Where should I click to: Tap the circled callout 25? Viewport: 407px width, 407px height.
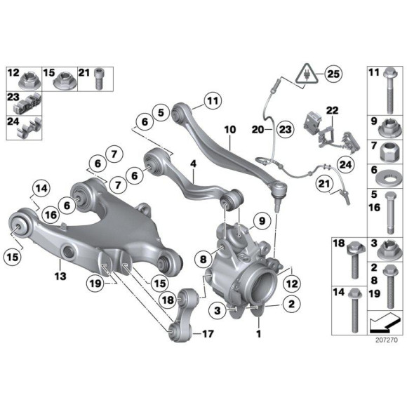pyautogui.click(x=332, y=73)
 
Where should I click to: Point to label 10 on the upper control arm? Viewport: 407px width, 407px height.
pyautogui.click(x=230, y=130)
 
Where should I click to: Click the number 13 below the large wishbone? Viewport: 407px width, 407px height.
pyautogui.click(x=60, y=276)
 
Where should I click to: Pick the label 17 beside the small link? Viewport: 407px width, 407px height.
pyautogui.click(x=206, y=333)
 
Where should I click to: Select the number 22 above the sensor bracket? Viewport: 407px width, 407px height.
pyautogui.click(x=332, y=110)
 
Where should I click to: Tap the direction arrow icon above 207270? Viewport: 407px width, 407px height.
pyautogui.click(x=382, y=322)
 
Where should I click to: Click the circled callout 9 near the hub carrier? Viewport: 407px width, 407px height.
pyautogui.click(x=258, y=222)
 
